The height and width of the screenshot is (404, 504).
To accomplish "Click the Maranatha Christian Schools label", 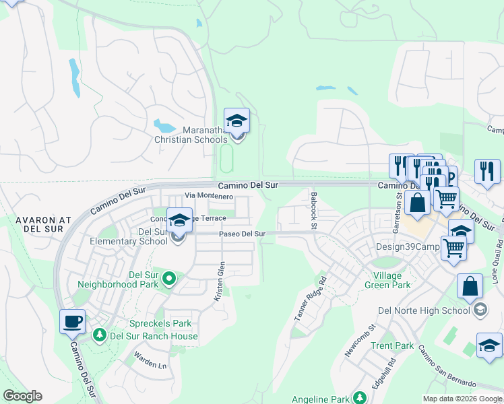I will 191,135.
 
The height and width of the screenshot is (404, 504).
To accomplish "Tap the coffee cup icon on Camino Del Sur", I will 72,321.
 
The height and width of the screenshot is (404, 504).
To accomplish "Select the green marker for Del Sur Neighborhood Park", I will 169,277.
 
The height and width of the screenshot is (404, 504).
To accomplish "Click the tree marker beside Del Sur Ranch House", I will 100,335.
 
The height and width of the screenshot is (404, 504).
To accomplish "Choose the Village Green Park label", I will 396,281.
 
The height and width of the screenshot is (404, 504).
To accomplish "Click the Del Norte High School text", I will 424,310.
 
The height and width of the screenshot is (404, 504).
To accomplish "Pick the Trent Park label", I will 392,346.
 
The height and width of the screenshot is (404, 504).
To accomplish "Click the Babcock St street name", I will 313,210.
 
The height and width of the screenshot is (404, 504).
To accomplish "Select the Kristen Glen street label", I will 220,286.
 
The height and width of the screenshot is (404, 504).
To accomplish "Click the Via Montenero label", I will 209,196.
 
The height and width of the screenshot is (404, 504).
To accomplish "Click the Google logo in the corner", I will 22,396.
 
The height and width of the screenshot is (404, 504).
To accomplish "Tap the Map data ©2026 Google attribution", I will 462,399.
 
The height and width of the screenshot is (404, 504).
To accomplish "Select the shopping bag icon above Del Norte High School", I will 469,285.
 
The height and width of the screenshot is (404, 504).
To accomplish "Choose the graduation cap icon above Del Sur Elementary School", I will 179,220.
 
